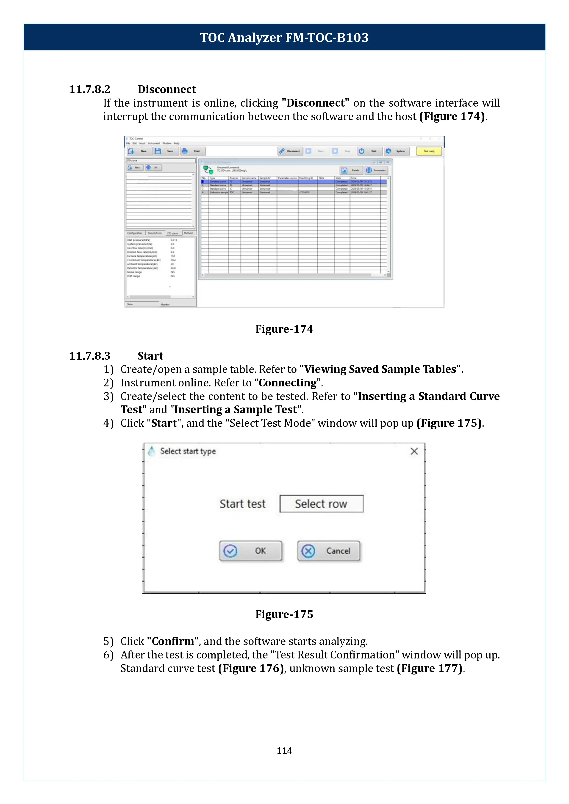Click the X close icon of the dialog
(414, 451)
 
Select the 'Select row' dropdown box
(321, 504)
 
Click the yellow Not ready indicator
(429, 151)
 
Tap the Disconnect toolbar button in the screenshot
(290, 151)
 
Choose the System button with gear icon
(396, 151)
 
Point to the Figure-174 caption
(284, 329)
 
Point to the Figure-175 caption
(284, 614)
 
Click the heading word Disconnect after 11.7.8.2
(167, 89)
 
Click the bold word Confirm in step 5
(173, 641)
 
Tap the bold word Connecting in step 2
(287, 383)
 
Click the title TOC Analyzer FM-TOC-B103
(284, 37)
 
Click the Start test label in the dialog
(242, 504)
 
